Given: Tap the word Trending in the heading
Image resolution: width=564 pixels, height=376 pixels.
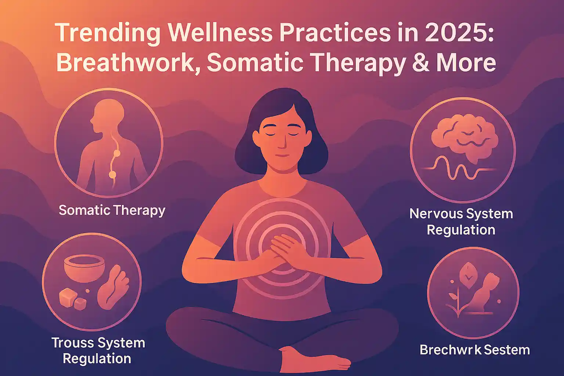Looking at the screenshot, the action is (x=109, y=35).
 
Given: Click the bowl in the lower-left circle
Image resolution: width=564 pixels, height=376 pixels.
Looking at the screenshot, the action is (x=84, y=268).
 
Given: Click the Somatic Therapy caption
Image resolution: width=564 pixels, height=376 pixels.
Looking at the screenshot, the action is (x=112, y=210).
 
